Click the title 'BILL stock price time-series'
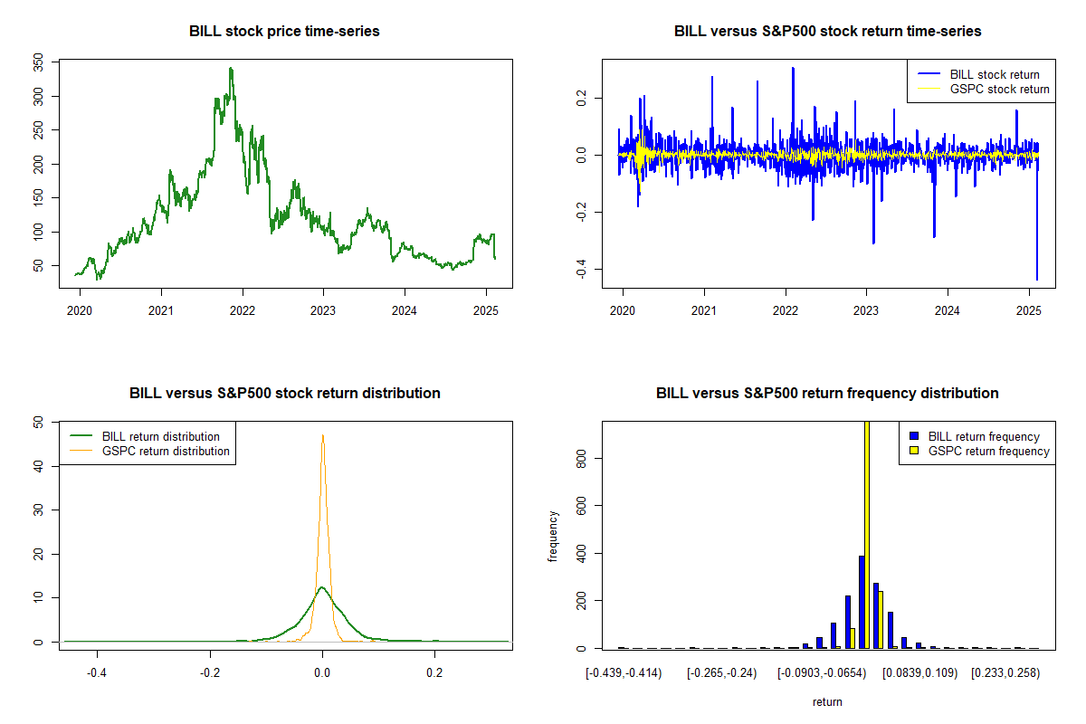(284, 32)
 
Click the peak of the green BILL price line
(231, 68)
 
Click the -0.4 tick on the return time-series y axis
(581, 269)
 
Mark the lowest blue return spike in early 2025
(1037, 279)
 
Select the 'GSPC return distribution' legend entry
(166, 451)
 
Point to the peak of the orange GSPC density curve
(322, 435)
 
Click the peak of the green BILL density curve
(321, 587)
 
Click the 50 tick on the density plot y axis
(38, 422)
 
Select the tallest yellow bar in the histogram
(866, 534)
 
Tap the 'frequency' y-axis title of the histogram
(553, 535)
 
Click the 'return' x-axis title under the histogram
(827, 702)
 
